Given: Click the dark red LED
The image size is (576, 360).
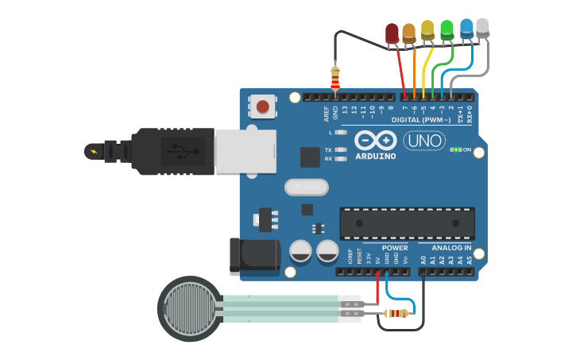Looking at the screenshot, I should (392, 33).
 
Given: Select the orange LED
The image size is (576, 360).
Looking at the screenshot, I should (409, 33).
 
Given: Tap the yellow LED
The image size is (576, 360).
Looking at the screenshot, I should (427, 30).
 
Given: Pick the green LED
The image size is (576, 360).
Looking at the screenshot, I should (447, 29).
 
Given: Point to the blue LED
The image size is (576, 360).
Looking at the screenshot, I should (466, 28).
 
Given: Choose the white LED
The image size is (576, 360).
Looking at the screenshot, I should (482, 27).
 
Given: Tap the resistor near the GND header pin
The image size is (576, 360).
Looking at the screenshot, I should (335, 77).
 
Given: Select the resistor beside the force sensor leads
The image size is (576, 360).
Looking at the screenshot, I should (396, 313).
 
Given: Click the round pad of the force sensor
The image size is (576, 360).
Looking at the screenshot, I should (190, 309).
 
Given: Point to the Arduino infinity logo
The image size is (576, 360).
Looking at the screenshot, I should (376, 141).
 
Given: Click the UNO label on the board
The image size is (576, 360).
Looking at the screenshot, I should (424, 141).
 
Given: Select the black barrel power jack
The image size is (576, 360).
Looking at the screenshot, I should (253, 254).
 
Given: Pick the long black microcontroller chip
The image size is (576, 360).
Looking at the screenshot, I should (407, 223).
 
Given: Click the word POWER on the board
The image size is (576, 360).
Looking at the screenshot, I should (394, 248).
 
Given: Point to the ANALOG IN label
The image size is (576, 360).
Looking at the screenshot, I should (451, 248).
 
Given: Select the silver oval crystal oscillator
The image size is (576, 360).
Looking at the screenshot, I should (306, 188).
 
